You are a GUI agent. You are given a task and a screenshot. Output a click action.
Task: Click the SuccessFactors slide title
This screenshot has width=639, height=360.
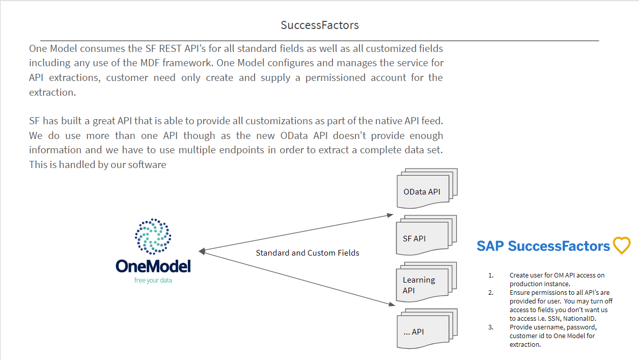click(x=319, y=25)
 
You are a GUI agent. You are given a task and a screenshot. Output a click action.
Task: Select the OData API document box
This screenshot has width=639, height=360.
click(x=422, y=192)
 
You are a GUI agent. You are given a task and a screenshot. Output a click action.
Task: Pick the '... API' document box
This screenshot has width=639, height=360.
click(x=422, y=331)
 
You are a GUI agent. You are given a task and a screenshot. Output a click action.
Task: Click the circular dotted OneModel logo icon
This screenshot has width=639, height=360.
click(x=153, y=236)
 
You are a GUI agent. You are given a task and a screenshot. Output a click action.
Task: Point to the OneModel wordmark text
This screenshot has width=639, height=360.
click(x=153, y=266)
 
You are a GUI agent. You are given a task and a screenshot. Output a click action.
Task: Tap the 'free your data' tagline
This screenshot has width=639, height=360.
click(x=153, y=280)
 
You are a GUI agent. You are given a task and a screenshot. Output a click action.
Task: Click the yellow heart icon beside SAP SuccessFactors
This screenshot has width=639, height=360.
click(x=621, y=245)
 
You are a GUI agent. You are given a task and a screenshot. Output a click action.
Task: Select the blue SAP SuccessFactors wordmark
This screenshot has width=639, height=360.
click(x=543, y=246)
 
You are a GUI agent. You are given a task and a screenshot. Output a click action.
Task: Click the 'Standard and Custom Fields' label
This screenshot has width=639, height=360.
click(x=307, y=253)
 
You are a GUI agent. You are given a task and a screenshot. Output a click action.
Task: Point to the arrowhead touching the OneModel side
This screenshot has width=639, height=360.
click(x=202, y=251)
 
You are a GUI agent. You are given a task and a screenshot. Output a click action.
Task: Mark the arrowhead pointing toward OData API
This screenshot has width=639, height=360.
click(x=390, y=215)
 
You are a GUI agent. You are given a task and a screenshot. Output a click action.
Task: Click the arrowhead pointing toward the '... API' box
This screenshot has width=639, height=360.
click(x=392, y=304)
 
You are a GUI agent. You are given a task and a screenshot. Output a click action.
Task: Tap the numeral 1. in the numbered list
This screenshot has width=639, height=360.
click(x=491, y=275)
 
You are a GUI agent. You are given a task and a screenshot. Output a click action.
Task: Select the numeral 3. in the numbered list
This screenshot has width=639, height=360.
click(x=491, y=327)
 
